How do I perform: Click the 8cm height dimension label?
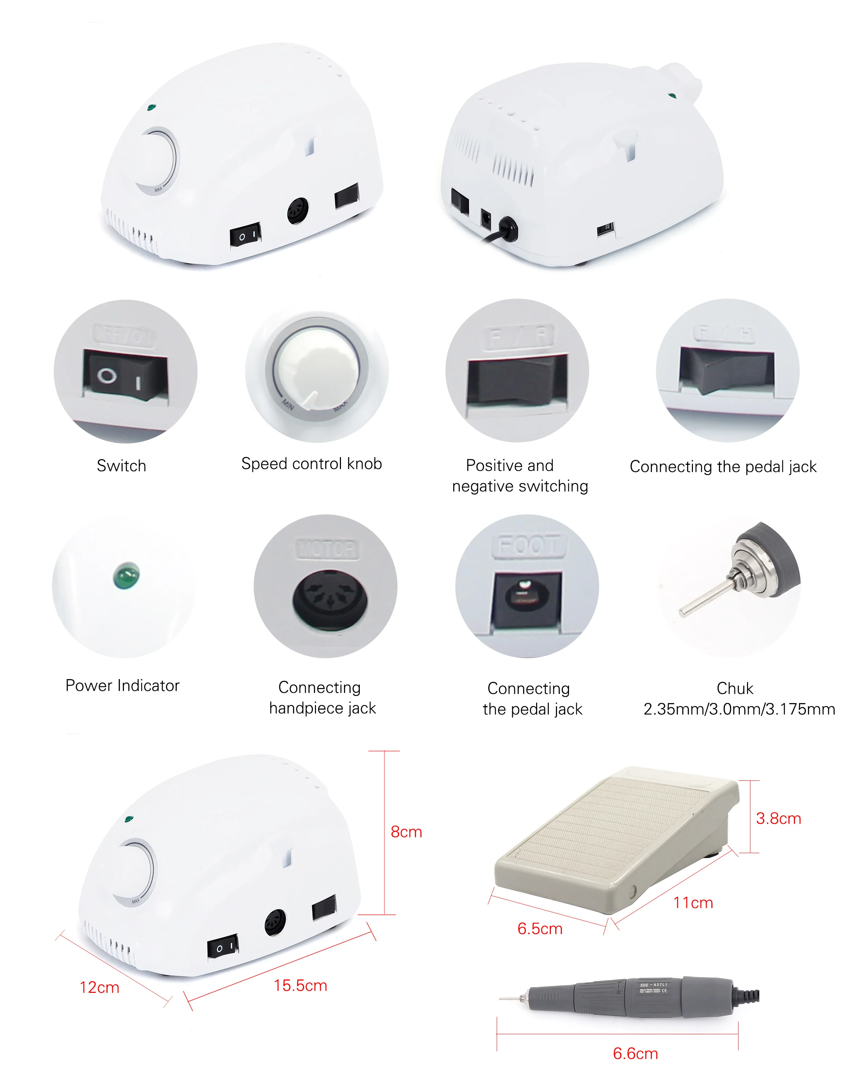tap(406, 832)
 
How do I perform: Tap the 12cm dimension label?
tap(99, 987)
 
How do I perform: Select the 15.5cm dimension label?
tap(300, 985)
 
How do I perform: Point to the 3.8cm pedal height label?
tap(778, 819)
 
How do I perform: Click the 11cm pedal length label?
tap(693, 903)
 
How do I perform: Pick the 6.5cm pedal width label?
tap(540, 928)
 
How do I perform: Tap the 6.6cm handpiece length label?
tap(635, 1053)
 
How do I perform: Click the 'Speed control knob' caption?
tap(311, 463)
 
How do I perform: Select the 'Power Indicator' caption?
tap(122, 686)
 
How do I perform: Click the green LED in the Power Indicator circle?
tap(126, 576)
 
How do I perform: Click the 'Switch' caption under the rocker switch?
tap(121, 465)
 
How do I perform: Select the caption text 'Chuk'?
tap(735, 688)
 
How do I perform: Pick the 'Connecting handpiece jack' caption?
tap(322, 698)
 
